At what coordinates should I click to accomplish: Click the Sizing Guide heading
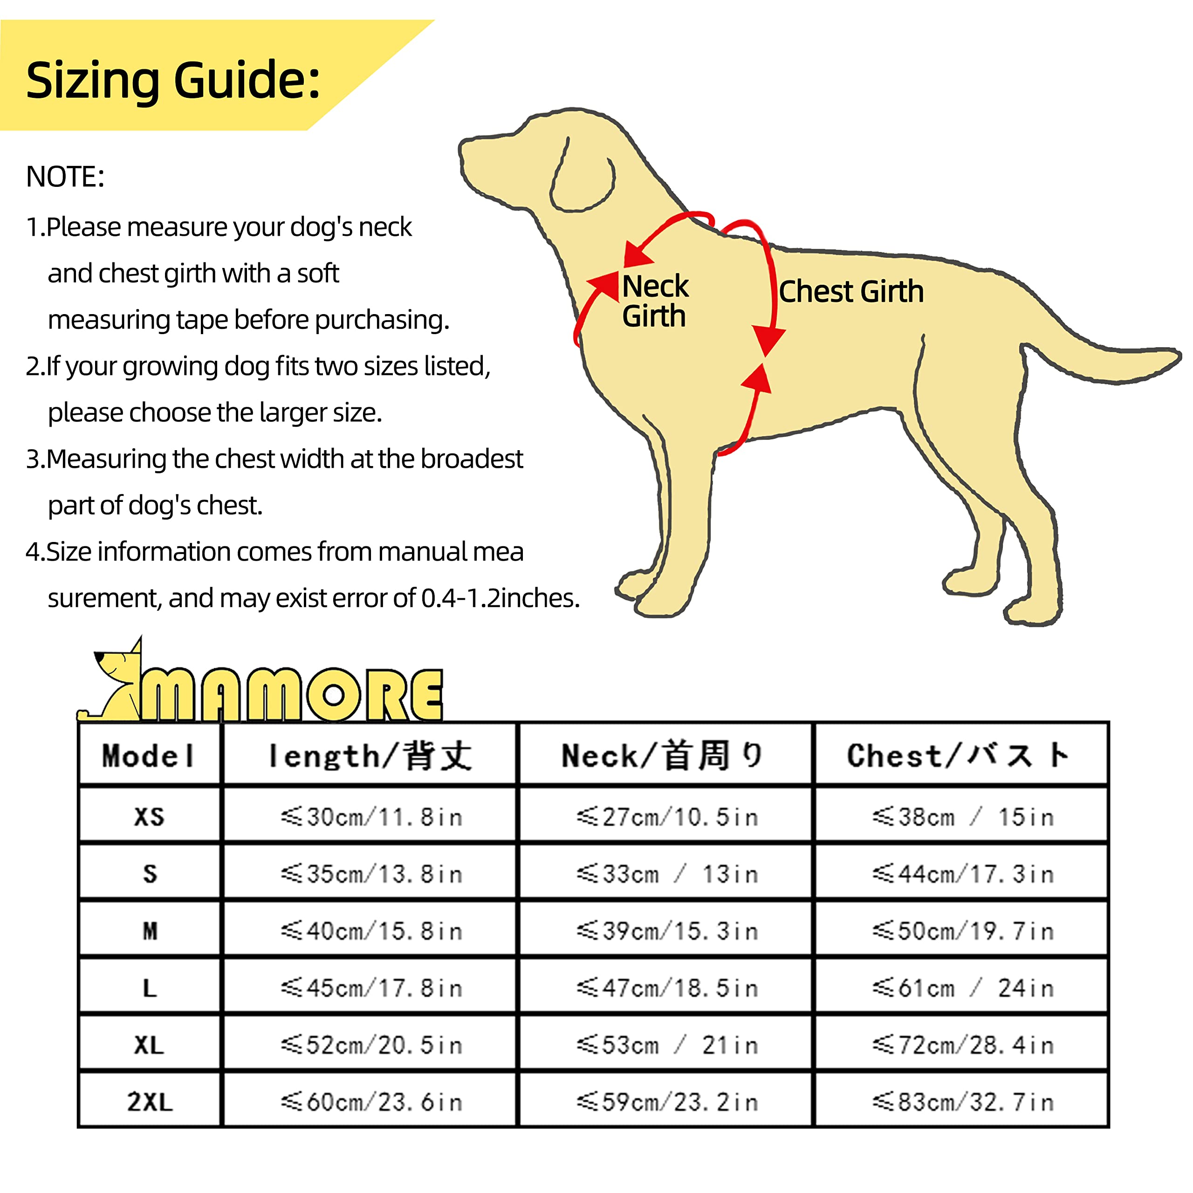[x=173, y=80]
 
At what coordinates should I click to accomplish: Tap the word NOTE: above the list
[x=65, y=177]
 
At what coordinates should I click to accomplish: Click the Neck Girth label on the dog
[x=655, y=301]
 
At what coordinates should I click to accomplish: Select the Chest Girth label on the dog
[x=851, y=291]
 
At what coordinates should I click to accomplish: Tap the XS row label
[x=149, y=817]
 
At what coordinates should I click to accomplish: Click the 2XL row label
[x=149, y=1102]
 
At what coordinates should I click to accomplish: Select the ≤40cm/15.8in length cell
[x=370, y=931]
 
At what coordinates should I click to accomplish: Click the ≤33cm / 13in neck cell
[x=667, y=874]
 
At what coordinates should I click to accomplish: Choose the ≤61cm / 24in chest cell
[x=962, y=988]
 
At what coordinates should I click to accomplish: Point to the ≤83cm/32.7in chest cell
[x=962, y=1102]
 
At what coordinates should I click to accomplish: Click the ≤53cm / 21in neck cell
[x=667, y=1045]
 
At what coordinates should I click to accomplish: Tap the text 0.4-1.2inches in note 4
[x=500, y=598]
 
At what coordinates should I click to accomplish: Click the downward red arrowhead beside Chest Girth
[x=768, y=341]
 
